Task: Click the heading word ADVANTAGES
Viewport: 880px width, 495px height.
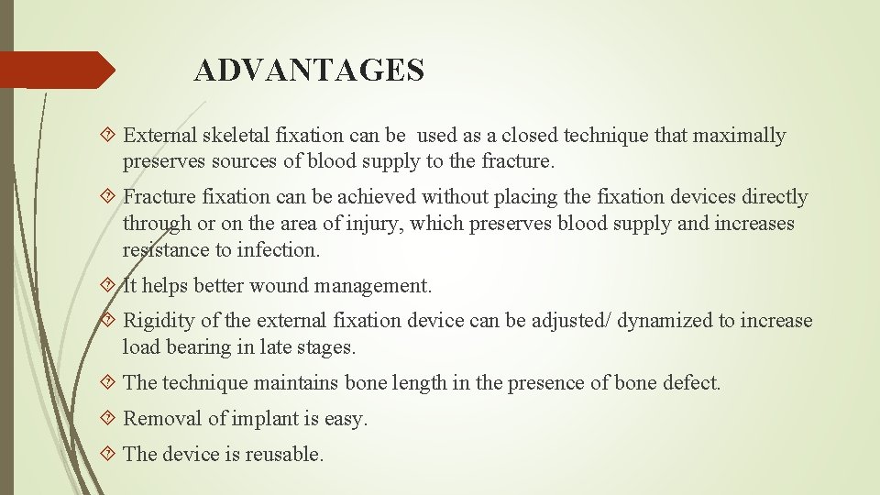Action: point(309,71)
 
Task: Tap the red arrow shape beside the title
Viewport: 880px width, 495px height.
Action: point(57,70)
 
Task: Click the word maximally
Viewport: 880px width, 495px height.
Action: point(741,136)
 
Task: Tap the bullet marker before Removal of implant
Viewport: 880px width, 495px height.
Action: point(110,419)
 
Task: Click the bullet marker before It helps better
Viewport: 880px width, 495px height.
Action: point(110,285)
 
